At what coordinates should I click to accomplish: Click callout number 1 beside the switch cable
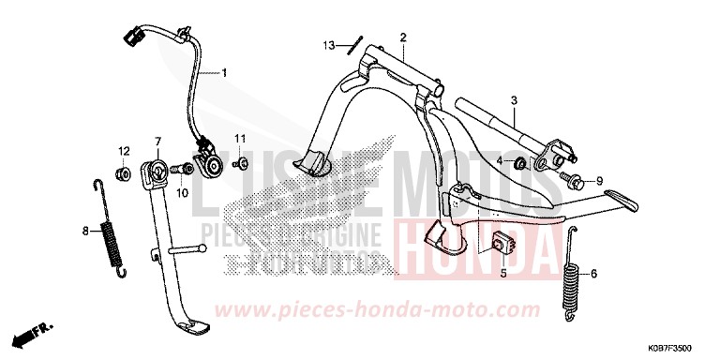(224, 71)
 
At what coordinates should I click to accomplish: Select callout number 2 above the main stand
(402, 37)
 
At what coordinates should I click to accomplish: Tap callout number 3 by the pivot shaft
(514, 99)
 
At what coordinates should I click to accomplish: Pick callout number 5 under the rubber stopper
(502, 275)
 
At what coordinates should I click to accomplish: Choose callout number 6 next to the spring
(591, 274)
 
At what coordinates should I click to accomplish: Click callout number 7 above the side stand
(157, 142)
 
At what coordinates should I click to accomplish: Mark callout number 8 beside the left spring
(84, 230)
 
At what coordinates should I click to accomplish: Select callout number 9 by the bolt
(600, 181)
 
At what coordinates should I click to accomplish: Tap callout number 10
(184, 192)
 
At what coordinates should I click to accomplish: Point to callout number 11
(239, 139)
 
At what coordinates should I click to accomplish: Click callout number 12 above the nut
(123, 151)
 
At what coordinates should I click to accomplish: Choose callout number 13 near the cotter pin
(329, 45)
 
